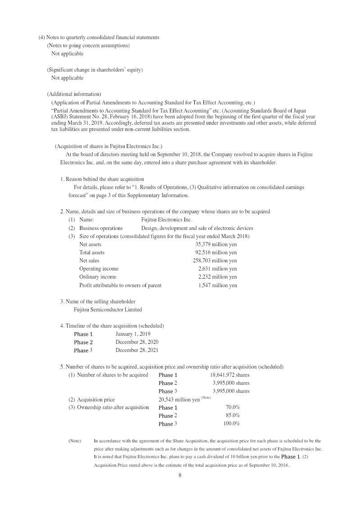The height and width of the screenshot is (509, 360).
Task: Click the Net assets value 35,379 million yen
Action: click(216, 244)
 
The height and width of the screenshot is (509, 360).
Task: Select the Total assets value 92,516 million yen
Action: click(216, 252)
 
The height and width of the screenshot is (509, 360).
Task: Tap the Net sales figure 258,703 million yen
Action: click(215, 261)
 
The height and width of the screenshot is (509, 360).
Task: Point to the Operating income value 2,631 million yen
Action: click(217, 269)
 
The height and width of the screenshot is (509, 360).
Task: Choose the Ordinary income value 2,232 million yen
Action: click(217, 277)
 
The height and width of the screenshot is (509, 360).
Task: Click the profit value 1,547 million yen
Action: click(217, 285)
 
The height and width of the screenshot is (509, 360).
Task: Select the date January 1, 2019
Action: click(133, 334)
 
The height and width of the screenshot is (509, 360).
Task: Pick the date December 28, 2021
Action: click(137, 350)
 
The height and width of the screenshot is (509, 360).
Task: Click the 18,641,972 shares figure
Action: click(229, 375)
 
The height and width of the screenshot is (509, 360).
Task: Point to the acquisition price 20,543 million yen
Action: click(179, 400)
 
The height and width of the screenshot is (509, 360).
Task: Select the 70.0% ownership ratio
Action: click(233, 407)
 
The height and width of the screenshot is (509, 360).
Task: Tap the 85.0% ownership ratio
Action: click(233, 415)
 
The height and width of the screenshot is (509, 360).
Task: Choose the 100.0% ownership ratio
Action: click(231, 423)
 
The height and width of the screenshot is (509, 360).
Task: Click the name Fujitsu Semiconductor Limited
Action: click(108, 310)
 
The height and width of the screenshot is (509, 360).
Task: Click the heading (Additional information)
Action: click(74, 94)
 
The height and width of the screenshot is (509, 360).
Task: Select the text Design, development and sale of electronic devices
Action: click(197, 228)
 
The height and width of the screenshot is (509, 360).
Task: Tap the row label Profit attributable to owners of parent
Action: click(120, 285)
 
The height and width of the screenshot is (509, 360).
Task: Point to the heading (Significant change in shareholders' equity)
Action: click(95, 70)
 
